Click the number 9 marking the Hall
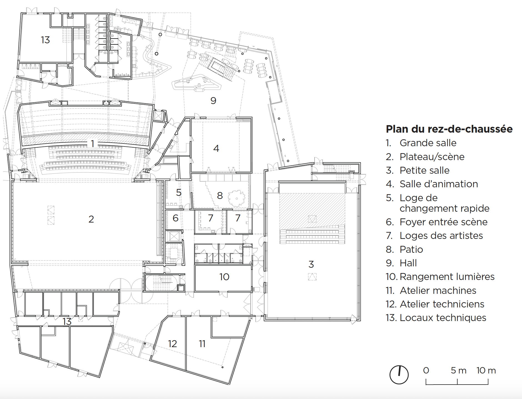(x=213, y=100)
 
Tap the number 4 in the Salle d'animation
(x=216, y=148)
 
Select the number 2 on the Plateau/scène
(x=91, y=219)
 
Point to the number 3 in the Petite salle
(x=311, y=264)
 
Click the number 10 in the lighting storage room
(x=224, y=277)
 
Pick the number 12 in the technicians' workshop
(x=172, y=344)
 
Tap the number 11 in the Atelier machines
(x=202, y=344)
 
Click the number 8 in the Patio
(x=220, y=196)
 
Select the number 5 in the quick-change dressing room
(x=179, y=193)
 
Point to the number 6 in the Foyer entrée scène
(x=175, y=218)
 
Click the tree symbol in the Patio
(x=237, y=198)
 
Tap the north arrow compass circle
(x=399, y=375)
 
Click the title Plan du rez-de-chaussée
(x=449, y=129)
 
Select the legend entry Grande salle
(x=428, y=143)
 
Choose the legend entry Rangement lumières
(x=447, y=277)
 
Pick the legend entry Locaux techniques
(x=443, y=318)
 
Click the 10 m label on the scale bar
(x=486, y=370)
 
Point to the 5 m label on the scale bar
(x=458, y=370)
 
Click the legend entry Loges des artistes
(x=441, y=236)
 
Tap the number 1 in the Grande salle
(x=92, y=143)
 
